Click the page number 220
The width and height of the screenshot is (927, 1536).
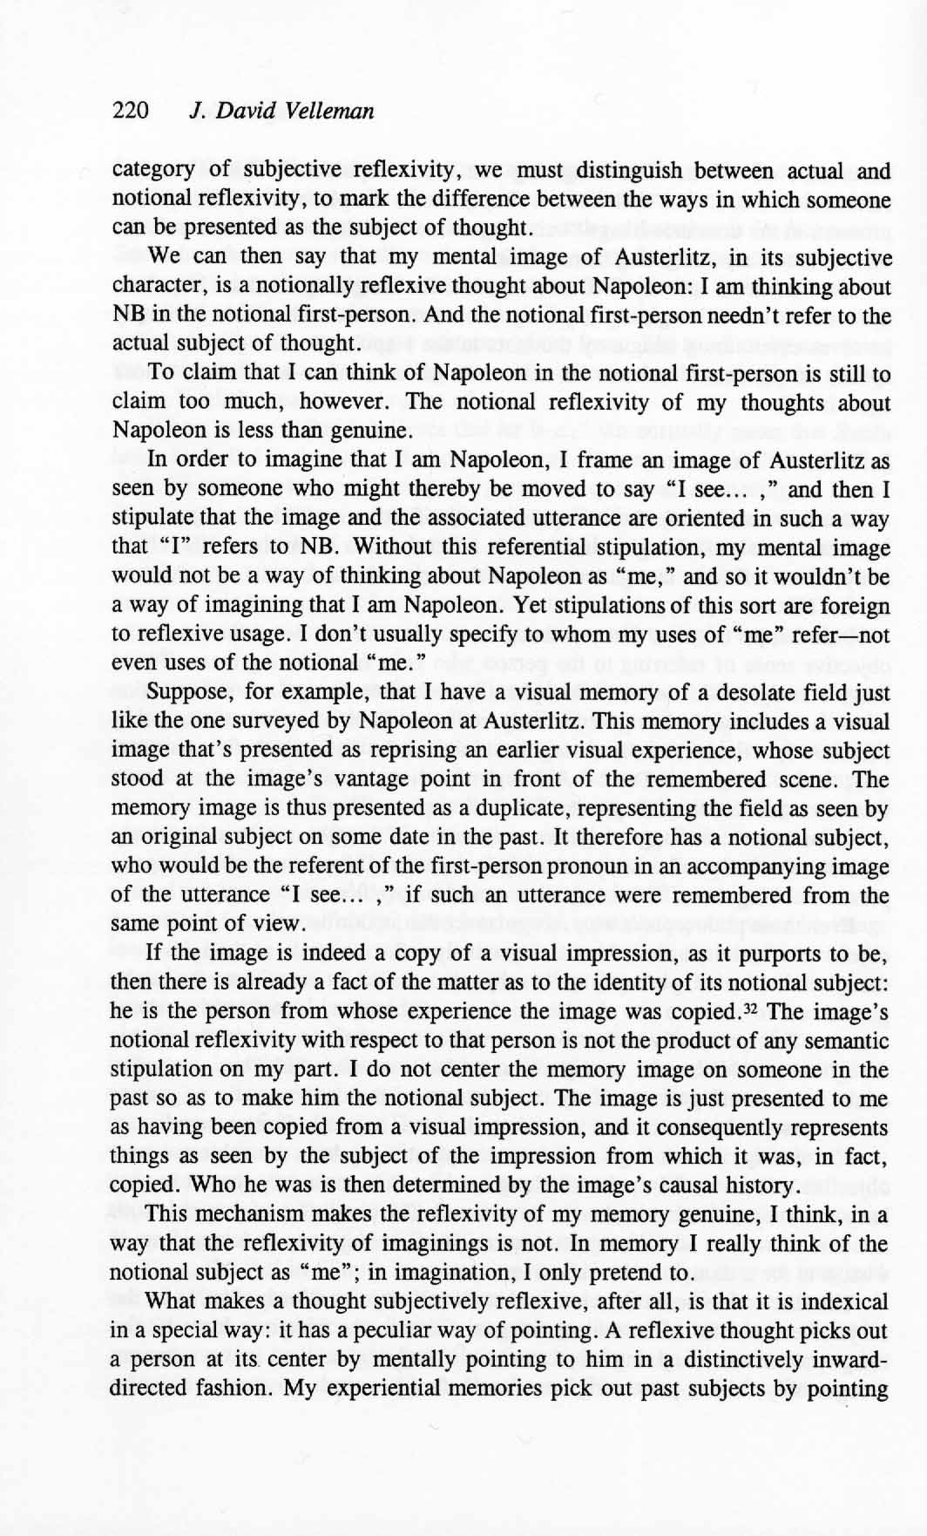click(x=132, y=112)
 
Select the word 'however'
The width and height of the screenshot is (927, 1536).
click(x=344, y=403)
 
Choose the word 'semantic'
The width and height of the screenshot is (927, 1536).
click(x=844, y=1041)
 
